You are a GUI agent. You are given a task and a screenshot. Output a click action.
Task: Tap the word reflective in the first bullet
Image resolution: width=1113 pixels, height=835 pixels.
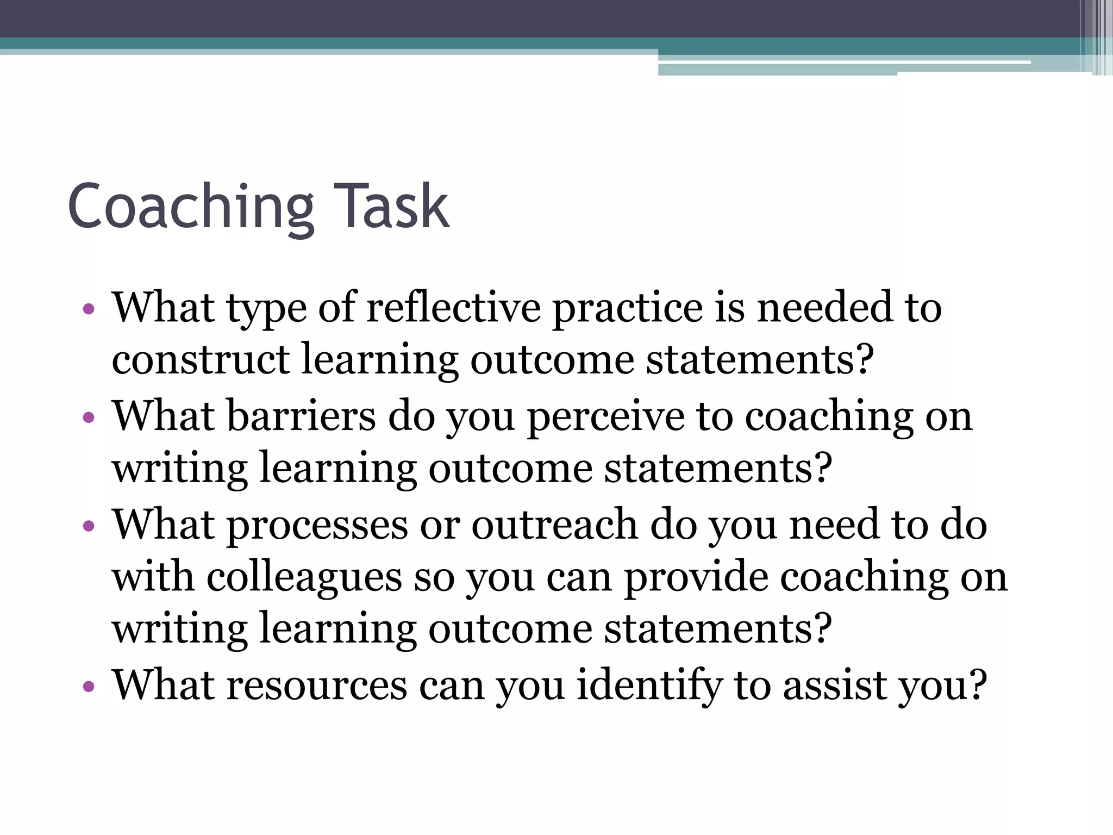(x=454, y=308)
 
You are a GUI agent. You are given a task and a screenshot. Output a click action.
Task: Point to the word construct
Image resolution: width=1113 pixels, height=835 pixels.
(x=201, y=360)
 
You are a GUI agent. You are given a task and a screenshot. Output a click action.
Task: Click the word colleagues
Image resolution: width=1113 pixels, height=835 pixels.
(x=304, y=577)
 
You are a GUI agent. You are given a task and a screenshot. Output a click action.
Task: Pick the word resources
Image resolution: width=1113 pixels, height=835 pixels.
(x=317, y=685)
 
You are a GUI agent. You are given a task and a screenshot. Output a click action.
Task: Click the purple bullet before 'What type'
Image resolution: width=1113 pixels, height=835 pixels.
(x=89, y=310)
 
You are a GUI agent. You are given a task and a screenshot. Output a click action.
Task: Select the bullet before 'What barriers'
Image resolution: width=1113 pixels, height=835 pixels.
(x=89, y=418)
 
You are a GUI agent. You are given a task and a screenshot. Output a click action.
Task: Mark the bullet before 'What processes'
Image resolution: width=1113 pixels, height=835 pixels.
(x=89, y=526)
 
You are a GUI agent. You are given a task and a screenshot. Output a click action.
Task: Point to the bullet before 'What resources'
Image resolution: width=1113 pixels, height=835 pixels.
(x=89, y=687)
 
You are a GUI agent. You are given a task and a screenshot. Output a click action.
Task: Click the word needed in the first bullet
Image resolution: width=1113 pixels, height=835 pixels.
(x=825, y=308)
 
